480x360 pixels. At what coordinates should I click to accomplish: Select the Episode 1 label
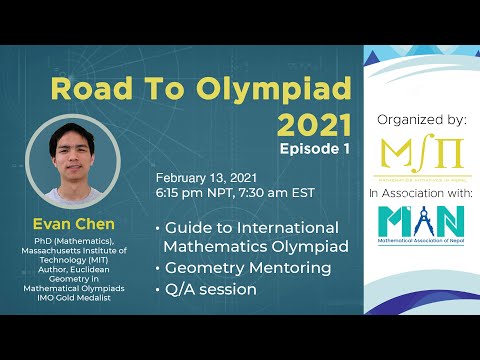click(x=315, y=147)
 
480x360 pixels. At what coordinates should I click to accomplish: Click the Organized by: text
click(x=421, y=119)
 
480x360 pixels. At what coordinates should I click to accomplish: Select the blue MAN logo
click(x=421, y=219)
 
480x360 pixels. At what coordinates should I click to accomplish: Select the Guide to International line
click(x=251, y=228)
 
